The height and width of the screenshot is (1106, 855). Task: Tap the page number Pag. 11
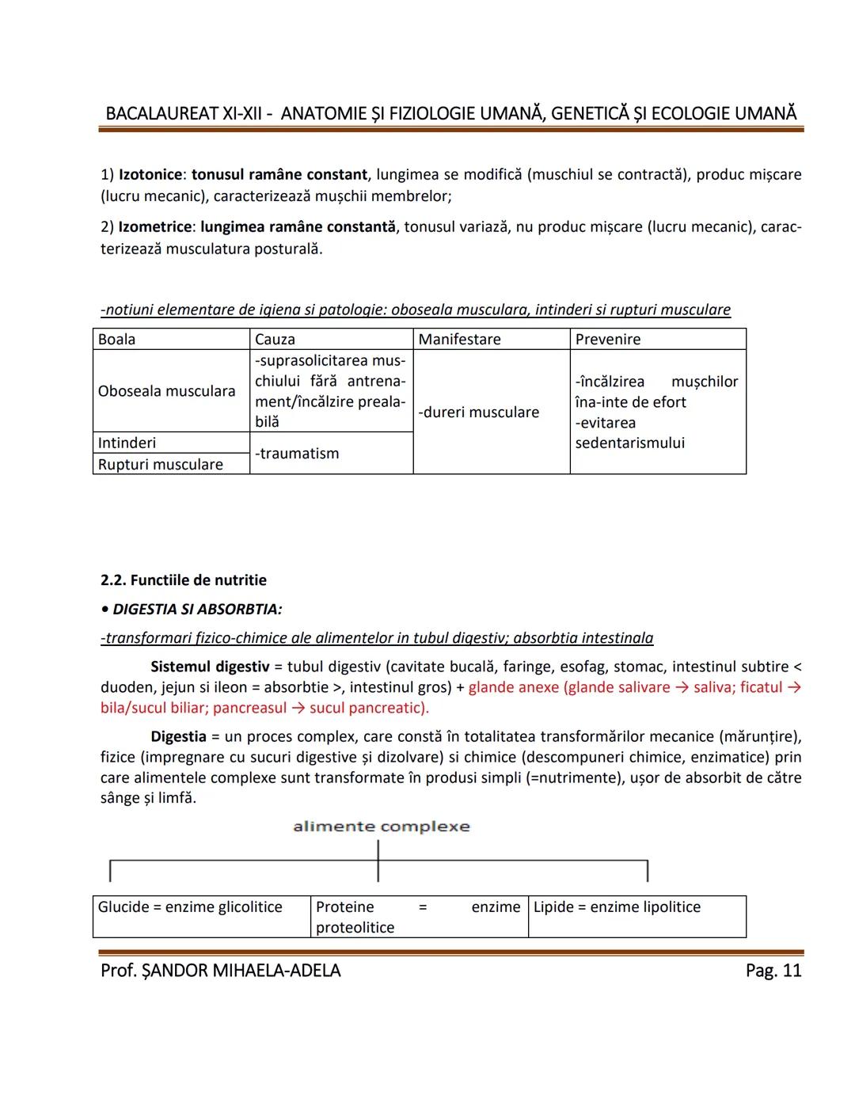(x=773, y=971)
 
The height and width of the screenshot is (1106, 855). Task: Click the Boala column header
(x=117, y=340)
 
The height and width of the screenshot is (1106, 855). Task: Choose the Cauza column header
(x=275, y=340)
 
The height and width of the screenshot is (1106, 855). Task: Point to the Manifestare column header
(x=459, y=340)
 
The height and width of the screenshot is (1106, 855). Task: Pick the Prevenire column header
(x=607, y=340)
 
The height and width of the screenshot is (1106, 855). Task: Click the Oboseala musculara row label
(x=166, y=391)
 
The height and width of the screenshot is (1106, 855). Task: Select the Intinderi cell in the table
(x=127, y=443)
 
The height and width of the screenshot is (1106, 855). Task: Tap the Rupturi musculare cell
(x=160, y=465)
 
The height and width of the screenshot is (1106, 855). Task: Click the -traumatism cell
(x=296, y=454)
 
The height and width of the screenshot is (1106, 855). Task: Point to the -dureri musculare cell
(x=478, y=412)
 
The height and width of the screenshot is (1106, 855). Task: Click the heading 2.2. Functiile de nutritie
(x=184, y=580)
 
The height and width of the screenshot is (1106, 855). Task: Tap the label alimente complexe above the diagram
(x=381, y=827)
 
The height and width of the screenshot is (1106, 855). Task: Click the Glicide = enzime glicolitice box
(x=190, y=907)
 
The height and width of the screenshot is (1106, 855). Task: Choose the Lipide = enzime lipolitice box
(x=617, y=907)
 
